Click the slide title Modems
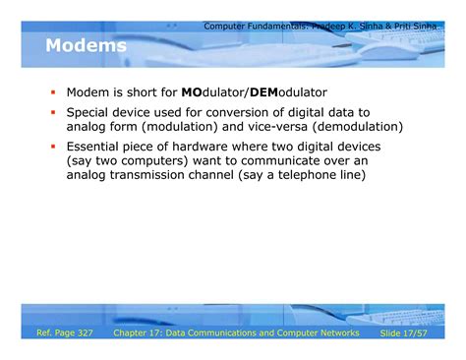[86, 46]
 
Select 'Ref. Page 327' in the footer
[65, 335]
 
